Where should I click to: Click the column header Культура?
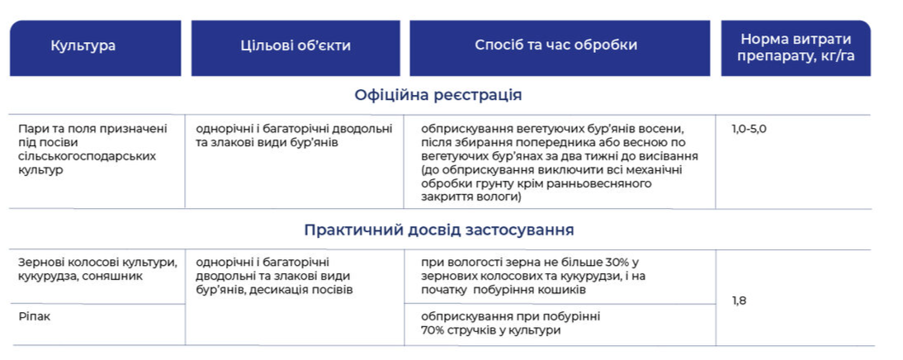83,46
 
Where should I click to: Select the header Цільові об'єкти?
295,46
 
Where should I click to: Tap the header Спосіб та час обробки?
556,45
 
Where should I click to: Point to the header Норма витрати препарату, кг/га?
796,48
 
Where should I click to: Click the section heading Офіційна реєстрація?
438,95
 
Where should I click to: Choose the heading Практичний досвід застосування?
439,230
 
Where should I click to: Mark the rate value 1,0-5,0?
749,129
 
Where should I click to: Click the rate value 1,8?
740,300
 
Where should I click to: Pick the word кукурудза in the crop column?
50,276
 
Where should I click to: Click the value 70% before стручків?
433,330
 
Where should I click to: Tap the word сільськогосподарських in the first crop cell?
87,156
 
